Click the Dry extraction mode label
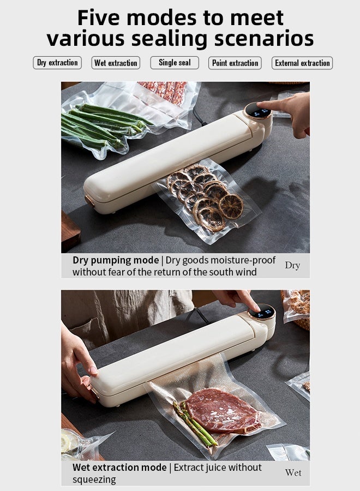click(57, 63)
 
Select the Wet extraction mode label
click(116, 63)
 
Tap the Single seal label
click(175, 63)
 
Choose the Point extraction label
click(235, 63)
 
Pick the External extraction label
click(302, 63)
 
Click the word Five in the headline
click(98, 17)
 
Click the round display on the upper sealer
click(258, 111)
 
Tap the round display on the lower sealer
click(262, 312)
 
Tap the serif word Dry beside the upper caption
click(292, 265)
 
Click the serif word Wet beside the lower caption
click(293, 472)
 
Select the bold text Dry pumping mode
click(116, 260)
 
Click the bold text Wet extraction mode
click(119, 468)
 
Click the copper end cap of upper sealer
click(89, 201)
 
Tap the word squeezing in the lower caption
click(94, 480)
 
